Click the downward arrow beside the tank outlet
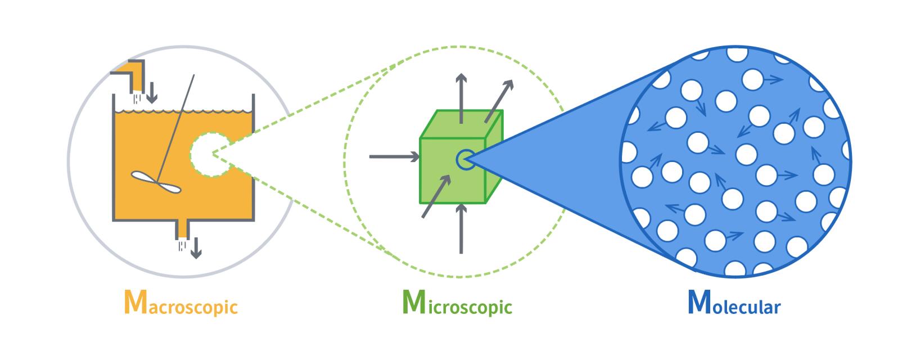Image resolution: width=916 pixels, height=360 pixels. pos(196,247)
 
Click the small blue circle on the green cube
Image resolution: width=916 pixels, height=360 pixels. pos(464,159)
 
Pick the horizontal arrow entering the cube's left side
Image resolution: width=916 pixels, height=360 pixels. pos(394,157)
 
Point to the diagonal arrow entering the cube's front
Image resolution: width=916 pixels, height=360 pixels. pos(436,196)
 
